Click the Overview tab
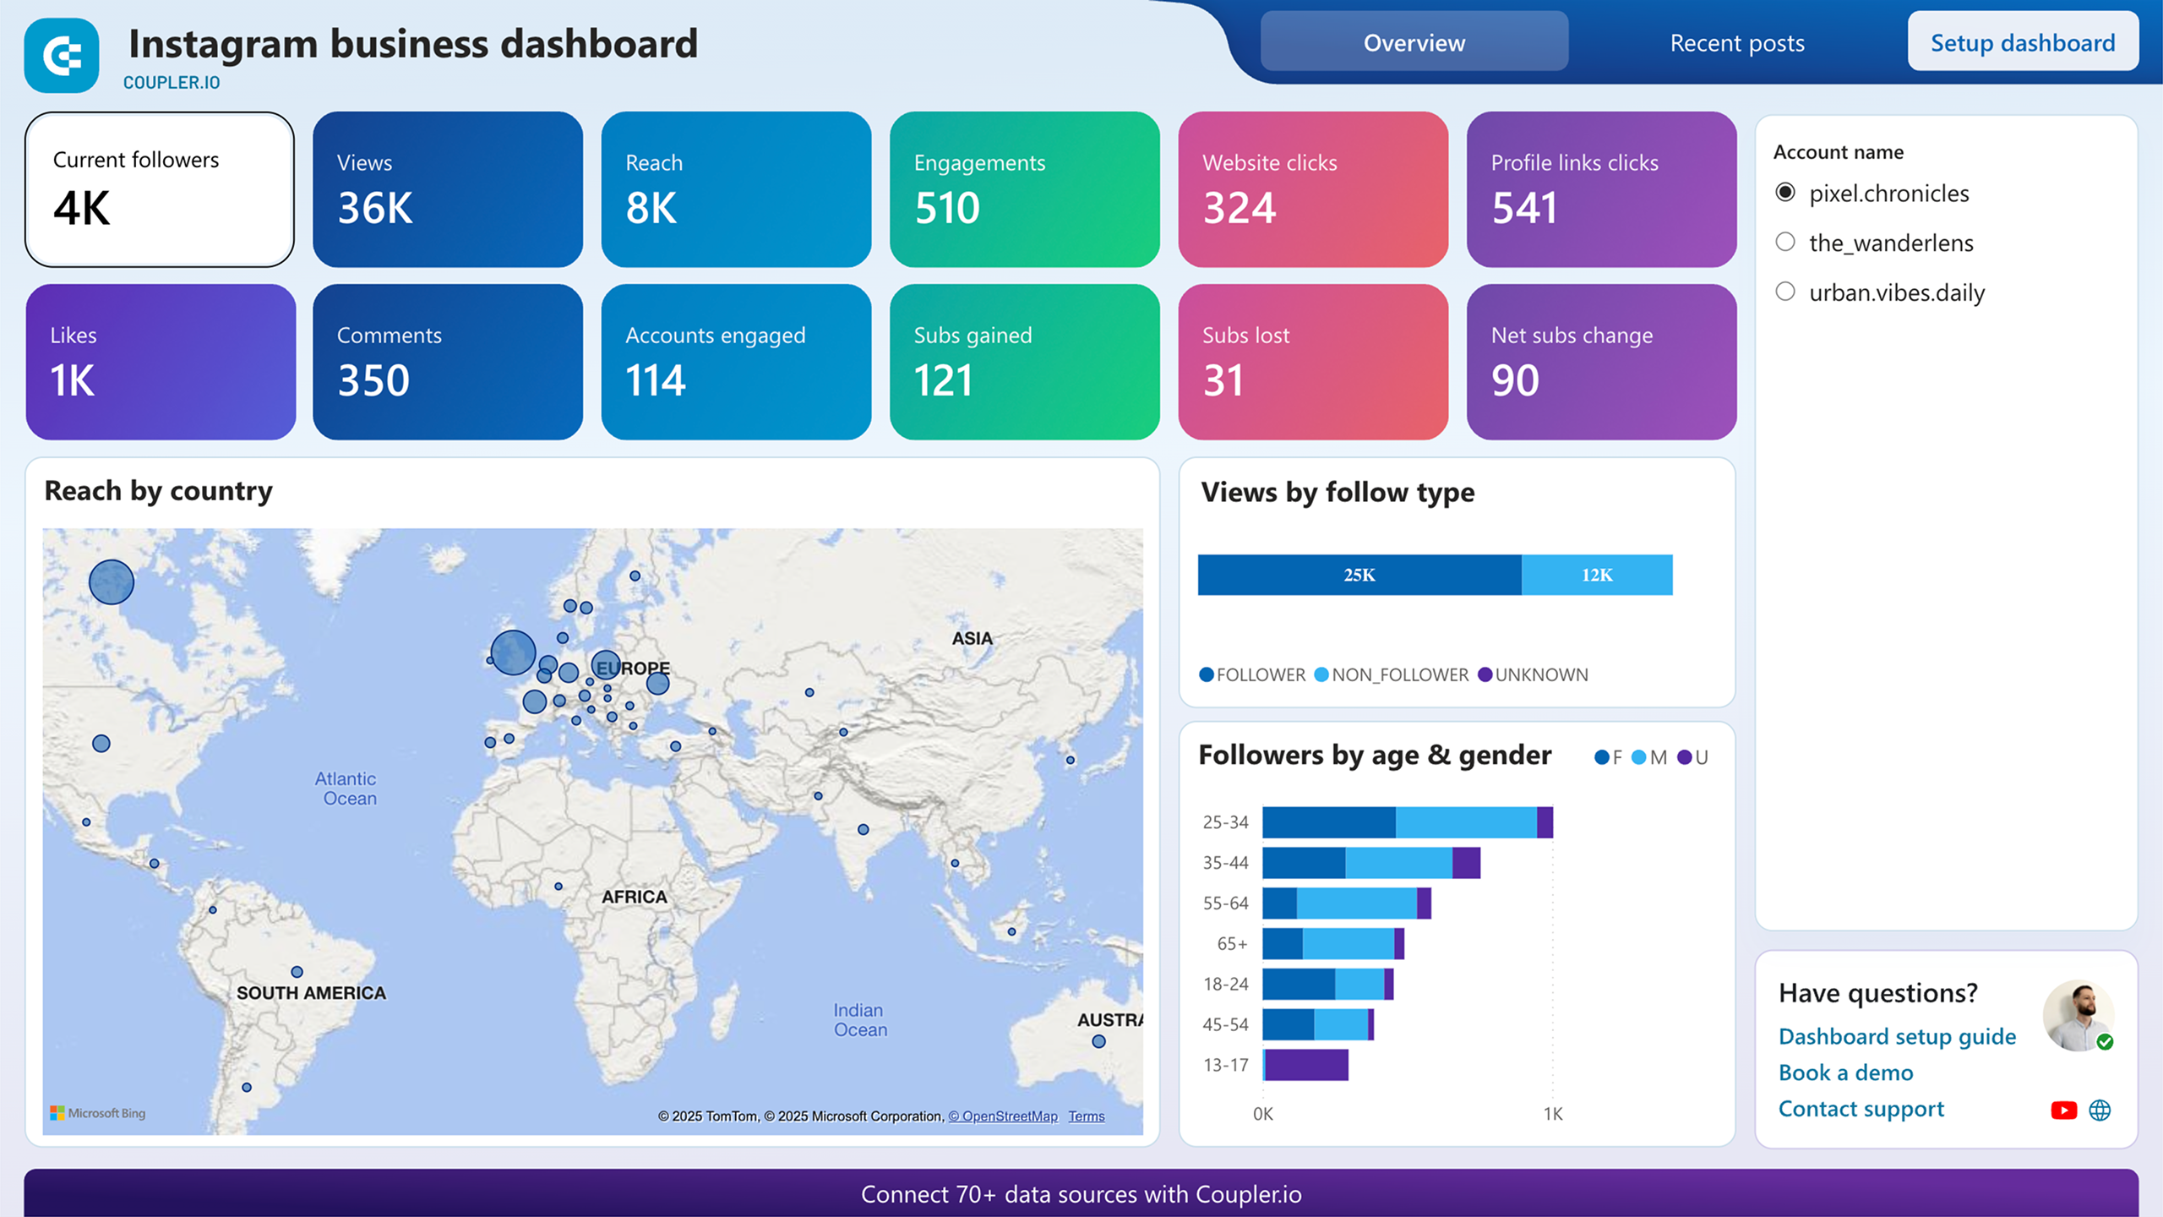[x=1414, y=42]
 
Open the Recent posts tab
[x=1736, y=42]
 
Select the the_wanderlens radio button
[x=1785, y=243]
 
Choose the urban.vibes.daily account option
[x=1785, y=292]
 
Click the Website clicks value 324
[x=1239, y=208]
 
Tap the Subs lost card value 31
[x=1223, y=380]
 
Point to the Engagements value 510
[x=946, y=208]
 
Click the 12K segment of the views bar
[x=1596, y=575]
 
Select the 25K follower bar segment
[x=1359, y=575]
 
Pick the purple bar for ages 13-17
[x=1305, y=1065]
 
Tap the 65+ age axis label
[x=1232, y=943]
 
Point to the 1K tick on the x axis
[x=1552, y=1114]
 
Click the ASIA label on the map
[x=972, y=638]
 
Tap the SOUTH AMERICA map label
[x=311, y=993]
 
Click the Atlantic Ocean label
[x=346, y=788]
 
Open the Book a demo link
[x=1845, y=1072]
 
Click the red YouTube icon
[x=2063, y=1111]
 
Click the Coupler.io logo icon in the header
[x=62, y=56]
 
